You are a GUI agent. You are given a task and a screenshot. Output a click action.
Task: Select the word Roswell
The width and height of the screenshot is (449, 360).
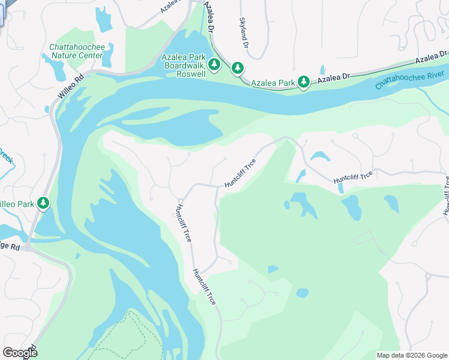[191, 74]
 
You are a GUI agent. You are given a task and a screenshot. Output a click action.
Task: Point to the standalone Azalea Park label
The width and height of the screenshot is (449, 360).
[273, 82]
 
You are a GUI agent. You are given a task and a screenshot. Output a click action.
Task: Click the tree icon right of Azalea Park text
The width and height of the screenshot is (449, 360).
[304, 82]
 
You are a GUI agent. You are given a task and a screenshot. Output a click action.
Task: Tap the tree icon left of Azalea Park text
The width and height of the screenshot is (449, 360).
[238, 68]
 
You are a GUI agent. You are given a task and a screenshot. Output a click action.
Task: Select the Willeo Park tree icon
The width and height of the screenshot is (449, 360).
[43, 204]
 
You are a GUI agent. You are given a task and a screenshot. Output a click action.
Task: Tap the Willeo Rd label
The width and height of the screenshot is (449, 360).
[71, 87]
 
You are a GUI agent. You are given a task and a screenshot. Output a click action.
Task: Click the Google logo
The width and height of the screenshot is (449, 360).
[20, 353]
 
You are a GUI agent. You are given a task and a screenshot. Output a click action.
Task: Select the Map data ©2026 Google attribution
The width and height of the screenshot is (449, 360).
[412, 355]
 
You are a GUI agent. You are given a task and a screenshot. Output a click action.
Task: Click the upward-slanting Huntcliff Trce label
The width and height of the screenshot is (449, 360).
[240, 173]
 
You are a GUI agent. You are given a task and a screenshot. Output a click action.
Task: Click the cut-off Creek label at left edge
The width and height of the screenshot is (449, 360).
[6, 157]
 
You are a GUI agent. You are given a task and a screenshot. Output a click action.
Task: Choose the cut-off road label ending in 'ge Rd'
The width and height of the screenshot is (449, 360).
[10, 247]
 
